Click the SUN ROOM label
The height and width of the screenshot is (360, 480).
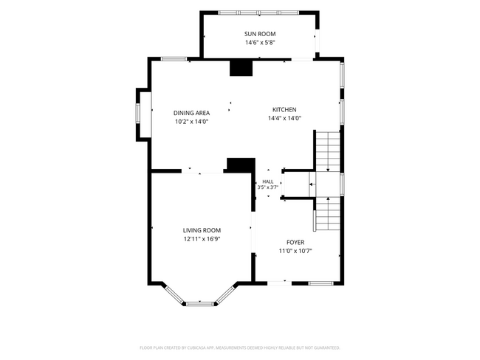(260, 34)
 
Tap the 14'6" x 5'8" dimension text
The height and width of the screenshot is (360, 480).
(260, 43)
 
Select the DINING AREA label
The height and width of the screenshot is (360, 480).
(192, 113)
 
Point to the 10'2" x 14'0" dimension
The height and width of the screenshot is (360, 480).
(192, 122)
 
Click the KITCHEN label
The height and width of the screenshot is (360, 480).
(284, 109)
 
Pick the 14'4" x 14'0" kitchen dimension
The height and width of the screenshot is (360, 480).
(285, 118)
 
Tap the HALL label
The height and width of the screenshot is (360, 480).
(268, 181)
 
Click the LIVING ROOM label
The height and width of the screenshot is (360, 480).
(202, 230)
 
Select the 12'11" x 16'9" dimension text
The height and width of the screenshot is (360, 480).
(202, 239)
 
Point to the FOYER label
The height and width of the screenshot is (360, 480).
(295, 243)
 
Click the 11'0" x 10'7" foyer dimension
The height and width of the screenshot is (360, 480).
(295, 251)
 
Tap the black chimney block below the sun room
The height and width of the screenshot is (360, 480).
(241, 68)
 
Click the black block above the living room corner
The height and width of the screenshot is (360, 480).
(241, 164)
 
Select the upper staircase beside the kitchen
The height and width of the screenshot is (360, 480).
(328, 151)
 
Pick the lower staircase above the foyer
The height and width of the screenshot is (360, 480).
(328, 214)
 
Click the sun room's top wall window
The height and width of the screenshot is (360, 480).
(258, 13)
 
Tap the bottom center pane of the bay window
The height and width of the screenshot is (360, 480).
(200, 304)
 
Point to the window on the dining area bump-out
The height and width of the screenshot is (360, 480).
(138, 113)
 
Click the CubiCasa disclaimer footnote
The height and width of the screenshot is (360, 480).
(240, 347)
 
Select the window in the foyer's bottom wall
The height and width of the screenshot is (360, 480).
(320, 283)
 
